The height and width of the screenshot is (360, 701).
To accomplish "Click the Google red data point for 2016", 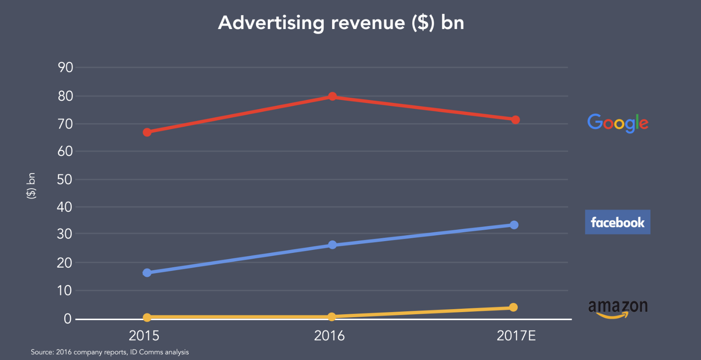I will (332, 97).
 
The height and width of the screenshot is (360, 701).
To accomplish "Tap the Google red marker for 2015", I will (147, 132).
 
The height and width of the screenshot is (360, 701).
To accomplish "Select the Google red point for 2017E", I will (516, 120).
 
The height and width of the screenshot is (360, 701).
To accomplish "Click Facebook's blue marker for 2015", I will (147, 273).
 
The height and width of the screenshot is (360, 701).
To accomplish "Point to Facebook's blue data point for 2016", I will (332, 245).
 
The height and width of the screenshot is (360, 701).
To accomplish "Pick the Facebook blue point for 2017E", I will (514, 225).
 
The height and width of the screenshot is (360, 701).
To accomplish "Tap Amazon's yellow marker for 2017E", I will (513, 307).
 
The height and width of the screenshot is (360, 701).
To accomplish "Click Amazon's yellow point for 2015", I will (147, 318).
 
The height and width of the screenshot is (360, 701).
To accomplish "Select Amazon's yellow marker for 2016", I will (332, 317).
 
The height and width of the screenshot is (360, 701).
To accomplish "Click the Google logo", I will (617, 123).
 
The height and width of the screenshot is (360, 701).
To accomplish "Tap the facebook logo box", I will (617, 222).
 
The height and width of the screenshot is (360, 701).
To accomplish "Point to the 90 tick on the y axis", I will (66, 67).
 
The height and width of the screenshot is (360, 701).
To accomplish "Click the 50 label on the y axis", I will (65, 180).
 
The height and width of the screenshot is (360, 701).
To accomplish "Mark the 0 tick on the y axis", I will (68, 319).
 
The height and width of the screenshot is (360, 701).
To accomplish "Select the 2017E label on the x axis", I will (516, 336).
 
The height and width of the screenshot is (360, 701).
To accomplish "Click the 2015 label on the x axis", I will (144, 336).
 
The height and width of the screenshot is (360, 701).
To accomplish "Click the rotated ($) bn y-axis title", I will (31, 186).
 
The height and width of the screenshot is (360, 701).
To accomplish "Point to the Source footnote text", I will (110, 352).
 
